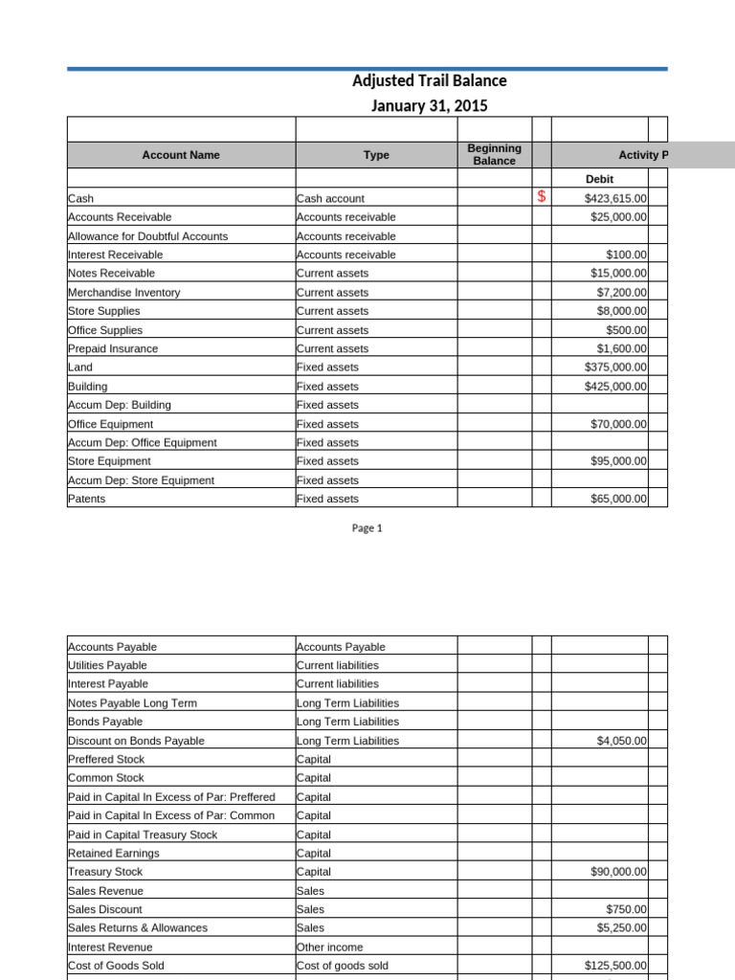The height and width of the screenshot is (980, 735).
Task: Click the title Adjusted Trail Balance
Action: pyautogui.click(x=430, y=81)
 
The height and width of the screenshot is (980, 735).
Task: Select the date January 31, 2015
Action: pyautogui.click(x=430, y=105)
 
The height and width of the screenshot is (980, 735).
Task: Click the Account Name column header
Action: pyautogui.click(x=181, y=155)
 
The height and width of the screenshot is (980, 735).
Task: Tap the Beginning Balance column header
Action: pyautogui.click(x=494, y=155)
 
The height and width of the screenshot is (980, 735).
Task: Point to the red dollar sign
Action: pyautogui.click(x=542, y=197)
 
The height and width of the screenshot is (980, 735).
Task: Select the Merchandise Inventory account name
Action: pyautogui.click(x=124, y=292)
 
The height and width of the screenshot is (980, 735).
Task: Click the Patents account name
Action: pyautogui.click(x=87, y=499)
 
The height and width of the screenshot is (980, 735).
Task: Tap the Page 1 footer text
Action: pyautogui.click(x=367, y=528)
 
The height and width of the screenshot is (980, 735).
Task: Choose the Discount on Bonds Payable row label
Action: pyautogui.click(x=136, y=741)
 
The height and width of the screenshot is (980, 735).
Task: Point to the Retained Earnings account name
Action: pyautogui.click(x=114, y=853)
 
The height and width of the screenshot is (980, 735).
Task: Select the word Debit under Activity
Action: pyautogui.click(x=599, y=179)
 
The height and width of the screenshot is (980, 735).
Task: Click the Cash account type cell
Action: pyautogui.click(x=331, y=198)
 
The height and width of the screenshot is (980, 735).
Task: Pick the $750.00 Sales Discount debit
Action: pyautogui.click(x=627, y=909)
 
